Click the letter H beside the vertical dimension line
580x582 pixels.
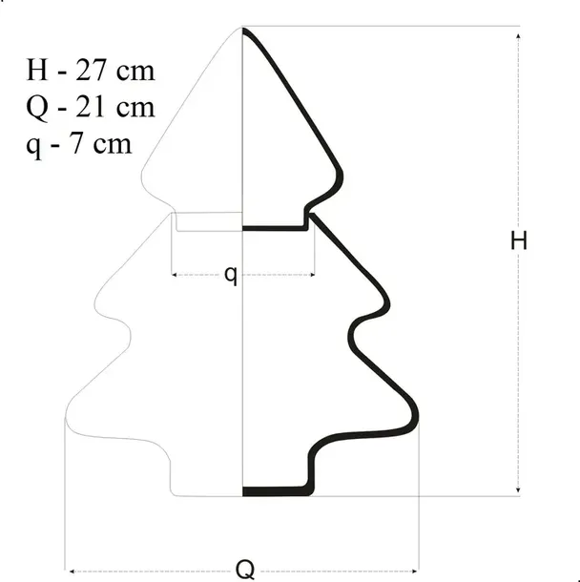(x=518, y=241)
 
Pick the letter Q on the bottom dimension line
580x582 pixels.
(x=245, y=571)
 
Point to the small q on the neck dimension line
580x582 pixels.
(x=232, y=275)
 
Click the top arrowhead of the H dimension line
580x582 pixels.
(x=518, y=34)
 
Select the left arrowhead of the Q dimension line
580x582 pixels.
(x=70, y=572)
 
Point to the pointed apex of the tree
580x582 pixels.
(x=243, y=29)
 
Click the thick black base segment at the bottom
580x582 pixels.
(x=277, y=491)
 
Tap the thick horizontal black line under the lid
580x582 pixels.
(x=275, y=228)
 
